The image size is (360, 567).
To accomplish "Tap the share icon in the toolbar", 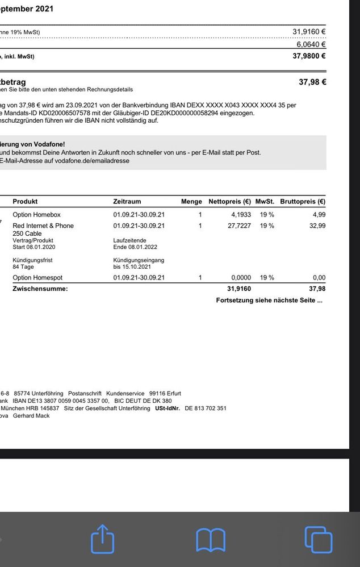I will [x=102, y=539].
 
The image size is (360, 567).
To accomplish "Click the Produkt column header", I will [x=25, y=201].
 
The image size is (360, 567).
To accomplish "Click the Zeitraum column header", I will [x=127, y=201].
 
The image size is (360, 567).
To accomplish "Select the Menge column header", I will [x=191, y=201].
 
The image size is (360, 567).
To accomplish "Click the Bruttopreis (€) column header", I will [x=303, y=201].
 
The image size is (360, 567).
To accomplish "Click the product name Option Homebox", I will [x=36, y=215].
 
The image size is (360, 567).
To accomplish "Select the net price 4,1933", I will [x=241, y=215].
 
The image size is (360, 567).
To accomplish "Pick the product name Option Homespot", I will [x=37, y=278].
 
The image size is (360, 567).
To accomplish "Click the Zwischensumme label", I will [x=40, y=289].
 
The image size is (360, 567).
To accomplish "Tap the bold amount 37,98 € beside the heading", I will [x=312, y=82].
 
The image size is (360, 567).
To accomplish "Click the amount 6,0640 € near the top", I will [x=311, y=44].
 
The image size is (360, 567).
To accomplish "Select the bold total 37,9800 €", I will [x=309, y=56].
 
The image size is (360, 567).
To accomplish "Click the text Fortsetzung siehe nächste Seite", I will [x=269, y=300].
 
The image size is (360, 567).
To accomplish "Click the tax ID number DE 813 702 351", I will [x=206, y=408].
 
